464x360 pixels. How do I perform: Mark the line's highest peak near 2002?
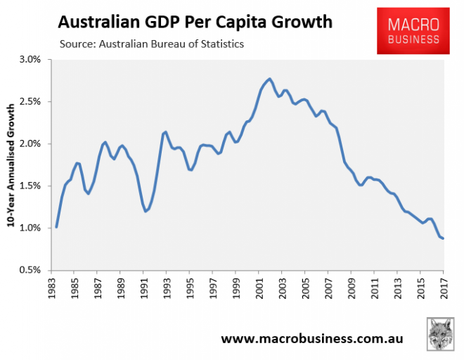click(270, 79)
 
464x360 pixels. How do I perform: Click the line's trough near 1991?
click(146, 211)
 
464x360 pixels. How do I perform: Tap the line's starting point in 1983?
click(56, 227)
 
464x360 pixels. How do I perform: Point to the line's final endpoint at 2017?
click(443, 238)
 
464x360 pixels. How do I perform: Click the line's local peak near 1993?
click(166, 131)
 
